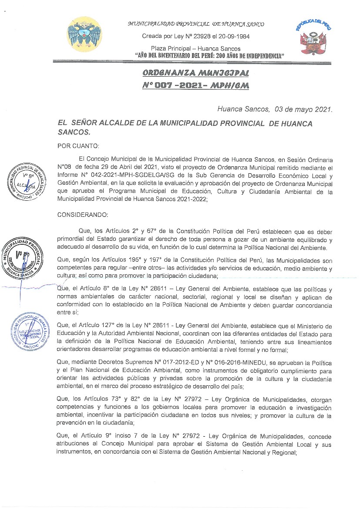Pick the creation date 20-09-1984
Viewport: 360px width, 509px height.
coord(234,37)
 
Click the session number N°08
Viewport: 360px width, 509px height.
coord(64,168)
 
